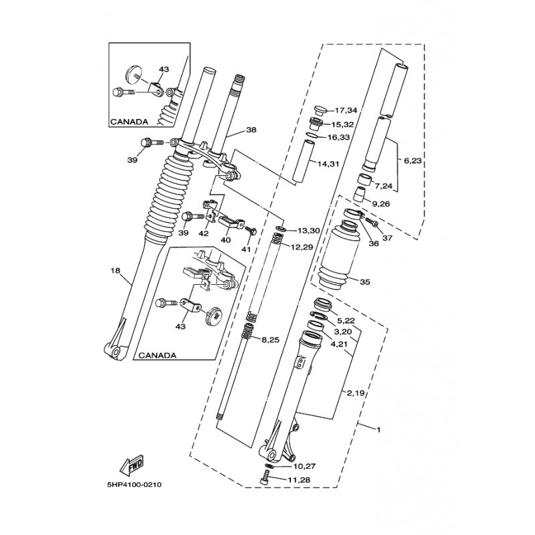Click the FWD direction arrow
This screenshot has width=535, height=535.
click(x=132, y=465)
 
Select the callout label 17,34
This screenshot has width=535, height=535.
click(x=346, y=110)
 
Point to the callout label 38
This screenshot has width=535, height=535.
click(x=251, y=130)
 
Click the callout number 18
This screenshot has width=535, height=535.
click(x=115, y=271)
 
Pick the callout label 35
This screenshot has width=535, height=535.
click(x=364, y=282)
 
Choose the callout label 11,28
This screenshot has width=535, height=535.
click(x=299, y=480)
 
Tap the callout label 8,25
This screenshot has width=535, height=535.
click(x=270, y=340)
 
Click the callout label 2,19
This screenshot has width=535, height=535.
click(x=356, y=394)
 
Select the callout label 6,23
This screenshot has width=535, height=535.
click(x=412, y=160)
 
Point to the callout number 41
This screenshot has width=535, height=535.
click(x=245, y=249)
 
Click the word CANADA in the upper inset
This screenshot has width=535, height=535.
click(x=129, y=122)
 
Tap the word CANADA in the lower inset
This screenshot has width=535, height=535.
click(x=158, y=355)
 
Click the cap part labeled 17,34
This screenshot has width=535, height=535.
click(x=320, y=110)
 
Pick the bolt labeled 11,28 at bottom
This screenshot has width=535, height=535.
click(x=265, y=477)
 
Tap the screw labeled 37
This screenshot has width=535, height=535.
click(x=371, y=221)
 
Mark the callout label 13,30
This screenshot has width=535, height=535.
click(x=308, y=231)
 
